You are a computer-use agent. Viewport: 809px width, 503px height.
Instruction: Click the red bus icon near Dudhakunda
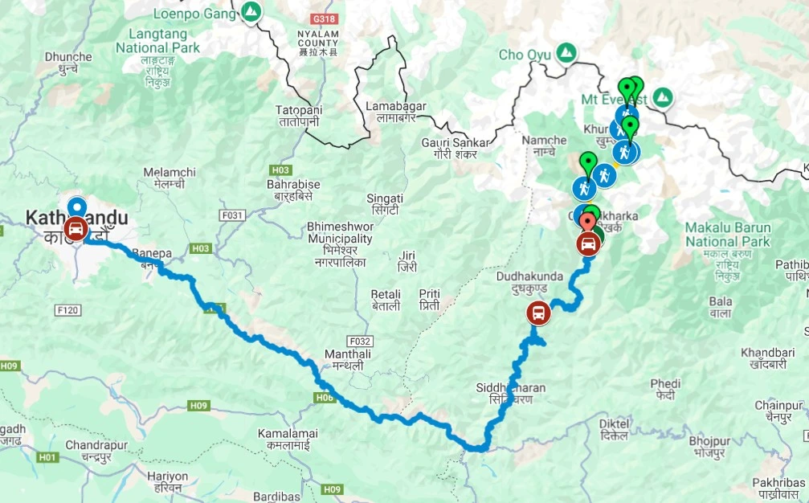[538, 313]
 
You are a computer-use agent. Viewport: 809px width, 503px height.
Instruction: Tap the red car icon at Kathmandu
[76, 228]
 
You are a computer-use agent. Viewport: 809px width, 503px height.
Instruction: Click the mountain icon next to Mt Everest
[663, 98]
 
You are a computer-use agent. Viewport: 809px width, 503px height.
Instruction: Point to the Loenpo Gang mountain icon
[251, 12]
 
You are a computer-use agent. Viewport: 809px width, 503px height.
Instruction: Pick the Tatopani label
[298, 116]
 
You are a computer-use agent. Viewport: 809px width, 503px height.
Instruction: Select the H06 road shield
[325, 397]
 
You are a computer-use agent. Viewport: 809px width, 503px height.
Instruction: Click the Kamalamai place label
[288, 439]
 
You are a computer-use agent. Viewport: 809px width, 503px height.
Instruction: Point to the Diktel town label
[613, 429]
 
